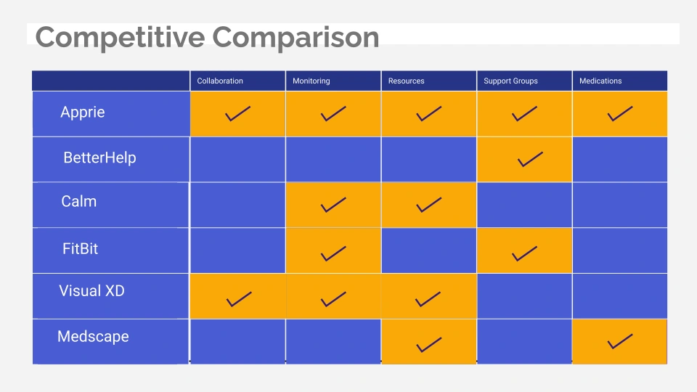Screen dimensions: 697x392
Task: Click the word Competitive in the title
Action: pyautogui.click(x=120, y=38)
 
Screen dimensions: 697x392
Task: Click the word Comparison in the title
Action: pyautogui.click(x=295, y=38)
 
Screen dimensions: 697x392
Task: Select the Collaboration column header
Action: pyautogui.click(x=220, y=81)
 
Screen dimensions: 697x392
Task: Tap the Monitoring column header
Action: pyautogui.click(x=311, y=81)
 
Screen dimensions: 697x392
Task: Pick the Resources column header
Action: pyautogui.click(x=407, y=81)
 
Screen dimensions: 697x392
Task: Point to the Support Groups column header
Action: pyautogui.click(x=510, y=81)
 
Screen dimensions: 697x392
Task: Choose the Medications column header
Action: pyautogui.click(x=600, y=81)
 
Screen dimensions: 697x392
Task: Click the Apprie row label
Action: pyautogui.click(x=83, y=113)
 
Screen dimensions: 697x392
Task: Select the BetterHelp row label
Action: pyautogui.click(x=99, y=158)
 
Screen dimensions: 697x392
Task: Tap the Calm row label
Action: pyautogui.click(x=78, y=201)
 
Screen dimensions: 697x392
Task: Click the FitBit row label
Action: pyautogui.click(x=80, y=248)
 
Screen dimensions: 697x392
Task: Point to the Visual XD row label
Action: pyautogui.click(x=91, y=290)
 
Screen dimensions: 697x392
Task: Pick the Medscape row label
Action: pyautogui.click(x=93, y=336)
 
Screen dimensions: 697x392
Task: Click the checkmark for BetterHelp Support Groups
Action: pyautogui.click(x=530, y=159)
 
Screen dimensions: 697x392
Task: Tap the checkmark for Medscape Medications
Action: pyautogui.click(x=619, y=341)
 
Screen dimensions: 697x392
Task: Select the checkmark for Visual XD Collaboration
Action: pyautogui.click(x=239, y=299)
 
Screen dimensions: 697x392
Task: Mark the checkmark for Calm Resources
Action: pyautogui.click(x=429, y=205)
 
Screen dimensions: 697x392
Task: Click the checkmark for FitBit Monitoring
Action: pyautogui.click(x=333, y=253)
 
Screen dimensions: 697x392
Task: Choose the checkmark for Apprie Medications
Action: pyautogui.click(x=619, y=114)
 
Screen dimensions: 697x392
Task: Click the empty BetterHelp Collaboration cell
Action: pyautogui.click(x=238, y=160)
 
